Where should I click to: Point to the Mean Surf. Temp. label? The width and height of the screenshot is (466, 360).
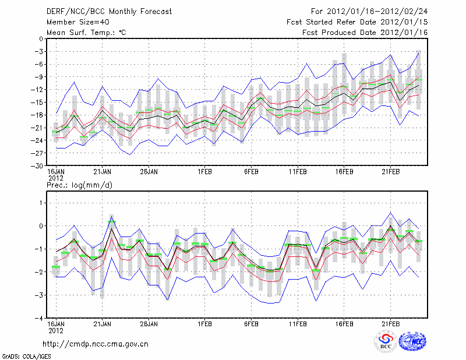click(x=86, y=33)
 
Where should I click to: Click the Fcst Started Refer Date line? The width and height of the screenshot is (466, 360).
click(x=357, y=22)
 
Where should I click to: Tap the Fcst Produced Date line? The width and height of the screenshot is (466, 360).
click(x=365, y=33)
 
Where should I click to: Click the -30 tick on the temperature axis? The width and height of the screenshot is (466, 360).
click(x=39, y=165)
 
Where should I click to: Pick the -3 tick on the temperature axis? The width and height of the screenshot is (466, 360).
click(x=41, y=52)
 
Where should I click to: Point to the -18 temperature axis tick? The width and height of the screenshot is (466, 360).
click(x=39, y=115)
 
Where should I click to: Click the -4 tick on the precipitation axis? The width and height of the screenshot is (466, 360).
click(x=41, y=318)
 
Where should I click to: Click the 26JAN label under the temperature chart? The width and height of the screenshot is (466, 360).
click(x=149, y=172)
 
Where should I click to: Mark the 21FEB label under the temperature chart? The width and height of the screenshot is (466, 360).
click(x=390, y=172)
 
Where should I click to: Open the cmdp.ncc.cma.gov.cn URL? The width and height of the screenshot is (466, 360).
click(x=96, y=344)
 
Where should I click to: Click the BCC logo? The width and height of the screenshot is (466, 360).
click(x=386, y=342)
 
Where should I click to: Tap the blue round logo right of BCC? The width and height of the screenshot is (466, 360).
click(x=413, y=342)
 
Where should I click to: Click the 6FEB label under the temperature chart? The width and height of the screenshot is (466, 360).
click(x=251, y=172)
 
